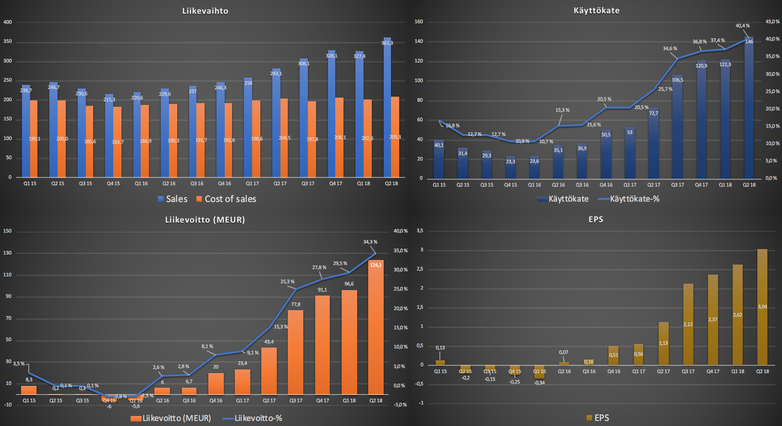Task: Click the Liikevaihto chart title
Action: click(x=205, y=11)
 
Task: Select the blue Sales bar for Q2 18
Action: click(x=387, y=109)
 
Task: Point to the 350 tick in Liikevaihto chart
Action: click(x=8, y=42)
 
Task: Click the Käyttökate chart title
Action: click(x=597, y=10)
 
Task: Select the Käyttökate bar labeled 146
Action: click(x=749, y=109)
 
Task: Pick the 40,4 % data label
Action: click(x=742, y=26)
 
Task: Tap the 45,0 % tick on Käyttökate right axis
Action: click(x=772, y=21)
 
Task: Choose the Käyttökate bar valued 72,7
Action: click(x=654, y=144)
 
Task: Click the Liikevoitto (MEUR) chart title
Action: click(x=205, y=220)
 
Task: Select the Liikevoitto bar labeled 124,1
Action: click(x=376, y=328)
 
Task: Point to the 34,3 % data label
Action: click(x=370, y=242)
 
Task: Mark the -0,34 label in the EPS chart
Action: click(x=539, y=383)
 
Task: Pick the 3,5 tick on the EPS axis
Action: click(x=420, y=231)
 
